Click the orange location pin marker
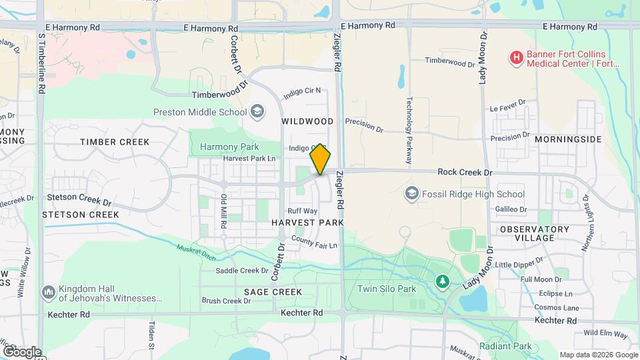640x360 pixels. click(x=321, y=159)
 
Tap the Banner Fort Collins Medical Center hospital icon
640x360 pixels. click(x=515, y=58)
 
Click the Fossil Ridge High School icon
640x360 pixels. click(x=412, y=194)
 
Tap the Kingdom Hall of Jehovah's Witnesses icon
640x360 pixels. click(x=48, y=292)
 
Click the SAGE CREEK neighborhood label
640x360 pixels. click(x=273, y=292)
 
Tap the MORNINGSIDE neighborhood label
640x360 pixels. click(x=568, y=139)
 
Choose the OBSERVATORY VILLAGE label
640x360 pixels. click(x=535, y=233)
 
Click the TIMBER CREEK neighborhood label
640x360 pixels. click(x=115, y=142)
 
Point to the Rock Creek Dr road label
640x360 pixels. click(x=465, y=172)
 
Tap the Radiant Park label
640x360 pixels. click(x=505, y=346)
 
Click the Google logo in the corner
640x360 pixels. click(x=21, y=351)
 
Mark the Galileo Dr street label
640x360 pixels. click(x=511, y=209)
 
